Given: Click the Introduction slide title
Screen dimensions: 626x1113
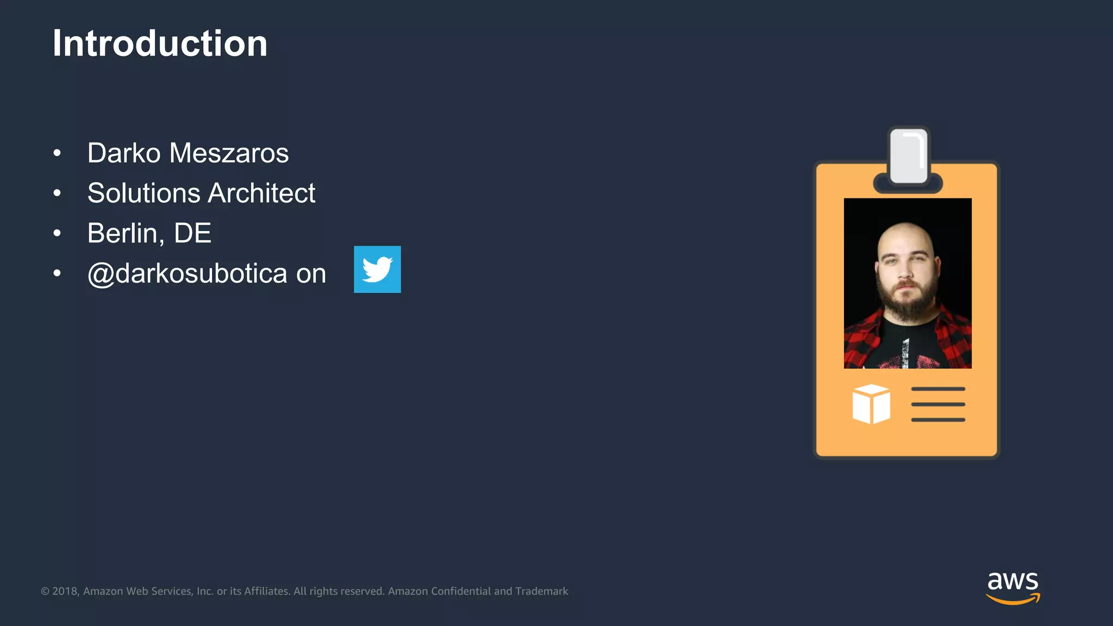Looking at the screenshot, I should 160,43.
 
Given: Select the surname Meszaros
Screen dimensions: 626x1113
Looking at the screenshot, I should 229,153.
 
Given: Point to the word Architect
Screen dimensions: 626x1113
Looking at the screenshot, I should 261,193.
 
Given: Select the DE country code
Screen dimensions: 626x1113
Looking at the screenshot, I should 192,234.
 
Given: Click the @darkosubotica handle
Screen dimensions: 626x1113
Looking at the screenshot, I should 187,273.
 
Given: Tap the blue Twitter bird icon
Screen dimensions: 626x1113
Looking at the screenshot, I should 377,270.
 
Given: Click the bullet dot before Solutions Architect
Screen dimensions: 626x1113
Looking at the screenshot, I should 57,193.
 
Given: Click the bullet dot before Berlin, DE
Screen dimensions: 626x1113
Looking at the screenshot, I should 57,234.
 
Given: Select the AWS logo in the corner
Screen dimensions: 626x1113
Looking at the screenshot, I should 1012,587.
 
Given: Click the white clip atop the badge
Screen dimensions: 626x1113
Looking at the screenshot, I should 908,156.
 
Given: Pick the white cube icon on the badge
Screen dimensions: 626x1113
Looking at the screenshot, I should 871,404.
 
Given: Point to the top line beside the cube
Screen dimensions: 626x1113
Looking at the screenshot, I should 938,389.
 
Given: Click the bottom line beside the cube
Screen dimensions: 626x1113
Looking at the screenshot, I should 938,420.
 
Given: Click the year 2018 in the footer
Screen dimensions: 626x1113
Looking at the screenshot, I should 65,591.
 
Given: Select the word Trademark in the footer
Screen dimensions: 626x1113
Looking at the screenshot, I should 541,591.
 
